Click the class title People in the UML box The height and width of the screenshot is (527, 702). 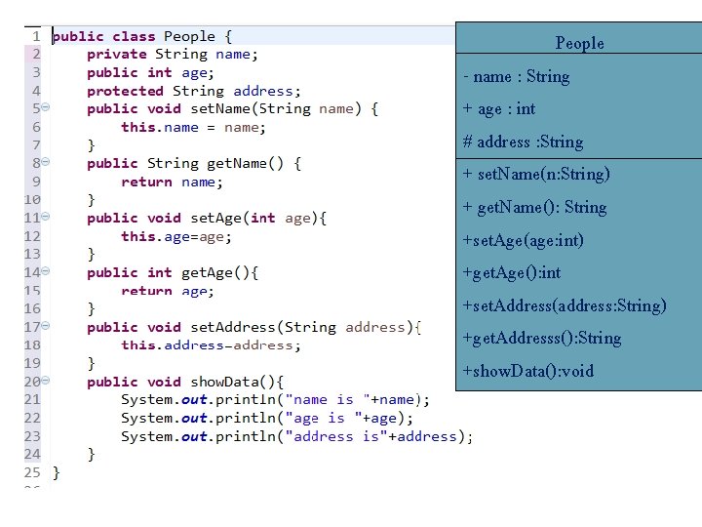pos(579,43)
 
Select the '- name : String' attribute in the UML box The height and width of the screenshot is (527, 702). pos(517,76)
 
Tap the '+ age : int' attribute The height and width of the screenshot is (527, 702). pos(499,108)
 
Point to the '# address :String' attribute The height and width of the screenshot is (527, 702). pos(523,142)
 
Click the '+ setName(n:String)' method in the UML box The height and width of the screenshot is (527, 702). pos(536,174)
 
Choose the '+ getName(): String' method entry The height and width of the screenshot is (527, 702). pos(534,207)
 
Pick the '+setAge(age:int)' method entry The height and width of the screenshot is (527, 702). pos(523,240)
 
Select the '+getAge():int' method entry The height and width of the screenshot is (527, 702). pos(511,272)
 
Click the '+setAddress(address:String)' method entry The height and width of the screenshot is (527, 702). pos(565,305)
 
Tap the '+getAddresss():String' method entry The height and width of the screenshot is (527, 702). pos(541,338)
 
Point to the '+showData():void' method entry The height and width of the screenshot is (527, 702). pos(527,371)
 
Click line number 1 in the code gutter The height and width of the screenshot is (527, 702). pos(35,36)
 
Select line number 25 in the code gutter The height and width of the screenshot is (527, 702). pos(32,472)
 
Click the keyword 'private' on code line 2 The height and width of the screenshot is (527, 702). pos(116,55)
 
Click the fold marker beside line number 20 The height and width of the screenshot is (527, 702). pos(47,382)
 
